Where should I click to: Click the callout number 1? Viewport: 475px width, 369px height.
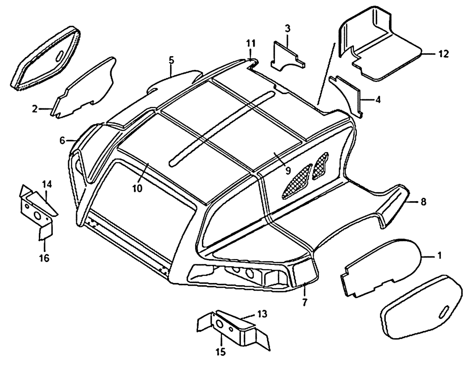(439, 256)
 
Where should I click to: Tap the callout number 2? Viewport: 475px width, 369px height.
(35, 109)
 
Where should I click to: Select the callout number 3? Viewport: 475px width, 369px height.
(287, 29)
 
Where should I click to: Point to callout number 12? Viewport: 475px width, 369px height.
(443, 54)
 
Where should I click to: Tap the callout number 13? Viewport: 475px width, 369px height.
(262, 314)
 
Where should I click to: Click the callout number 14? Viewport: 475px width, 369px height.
(47, 184)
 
